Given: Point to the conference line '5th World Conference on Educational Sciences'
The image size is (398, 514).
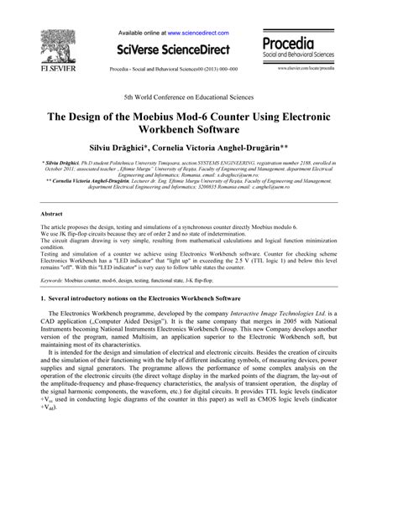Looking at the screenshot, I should pos(199,97).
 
